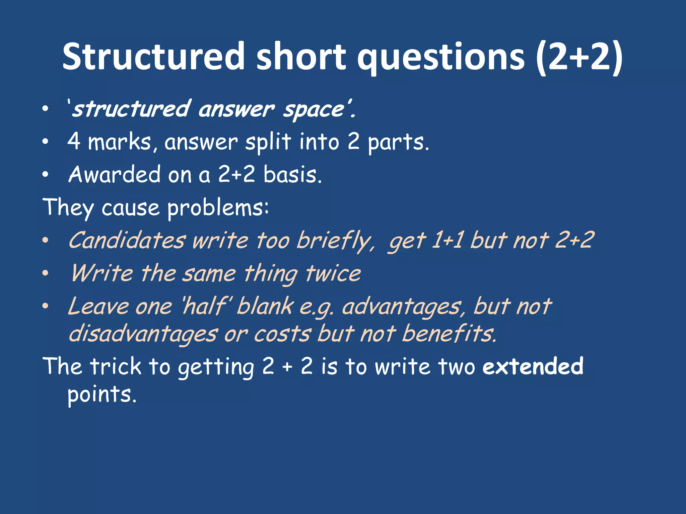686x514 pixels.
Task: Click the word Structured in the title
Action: coord(154,56)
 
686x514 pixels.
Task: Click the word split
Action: coord(268,142)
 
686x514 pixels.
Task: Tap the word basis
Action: coord(292,174)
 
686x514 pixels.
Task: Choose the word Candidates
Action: coord(127,240)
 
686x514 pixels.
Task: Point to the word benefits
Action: coord(449,334)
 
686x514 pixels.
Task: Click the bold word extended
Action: coord(533,366)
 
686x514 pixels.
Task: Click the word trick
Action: coord(116,366)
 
